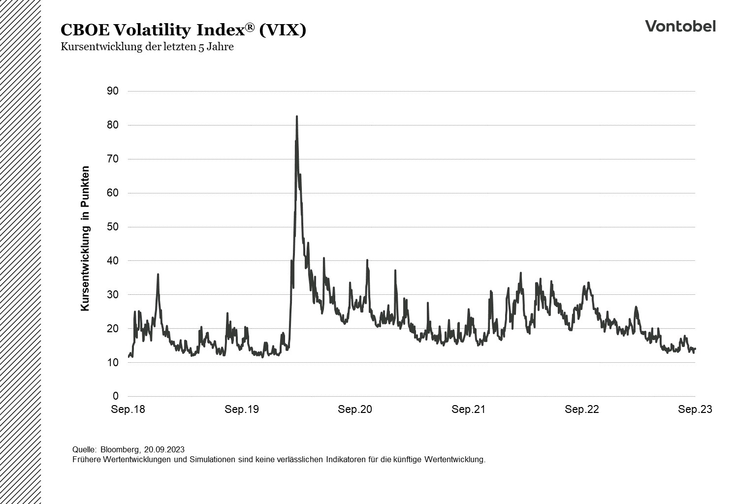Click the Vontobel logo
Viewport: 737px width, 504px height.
pos(680,26)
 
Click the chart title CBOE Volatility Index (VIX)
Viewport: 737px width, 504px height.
pos(183,30)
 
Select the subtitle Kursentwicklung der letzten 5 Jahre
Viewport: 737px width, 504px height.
pos(147,47)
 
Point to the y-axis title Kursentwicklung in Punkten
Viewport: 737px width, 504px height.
pos(85,238)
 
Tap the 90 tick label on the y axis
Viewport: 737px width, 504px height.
pos(112,91)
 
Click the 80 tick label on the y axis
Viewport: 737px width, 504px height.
pos(112,125)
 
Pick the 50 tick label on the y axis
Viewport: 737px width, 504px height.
pos(112,227)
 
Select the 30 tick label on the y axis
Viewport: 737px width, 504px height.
pos(112,295)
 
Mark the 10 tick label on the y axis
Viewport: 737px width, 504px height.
pos(112,363)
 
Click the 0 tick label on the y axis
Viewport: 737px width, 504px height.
pos(115,396)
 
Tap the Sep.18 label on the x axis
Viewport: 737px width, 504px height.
pos(128,409)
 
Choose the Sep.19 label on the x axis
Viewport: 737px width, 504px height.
pos(242,409)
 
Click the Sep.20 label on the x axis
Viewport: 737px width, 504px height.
pos(355,409)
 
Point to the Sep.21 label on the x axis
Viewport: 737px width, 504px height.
pos(468,409)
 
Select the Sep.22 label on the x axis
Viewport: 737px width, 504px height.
pos(582,409)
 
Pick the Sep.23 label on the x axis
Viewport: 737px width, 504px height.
pos(695,409)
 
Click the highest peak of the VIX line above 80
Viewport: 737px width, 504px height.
pos(296,117)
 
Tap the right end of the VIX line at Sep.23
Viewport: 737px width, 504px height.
pos(695,348)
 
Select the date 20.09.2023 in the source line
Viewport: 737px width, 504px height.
pos(164,449)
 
